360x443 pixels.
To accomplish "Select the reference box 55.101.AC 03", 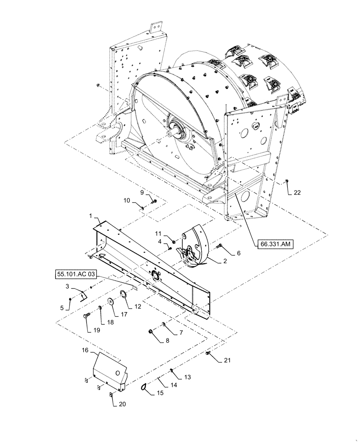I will (x=75, y=274).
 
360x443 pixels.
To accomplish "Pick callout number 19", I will (x=97, y=330).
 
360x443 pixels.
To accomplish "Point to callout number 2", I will (x=225, y=261).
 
